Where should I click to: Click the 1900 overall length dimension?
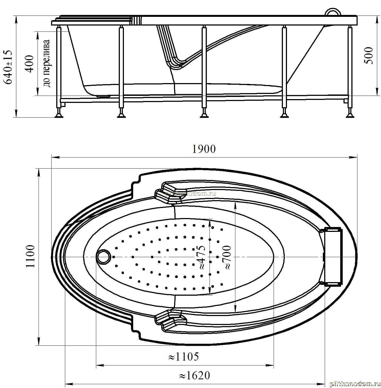(x=204, y=149)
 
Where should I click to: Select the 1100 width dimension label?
(x=30, y=256)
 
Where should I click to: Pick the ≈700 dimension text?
(x=227, y=257)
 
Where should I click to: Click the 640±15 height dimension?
(x=8, y=67)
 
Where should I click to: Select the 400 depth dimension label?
(x=29, y=64)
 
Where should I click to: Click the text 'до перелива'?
(x=46, y=63)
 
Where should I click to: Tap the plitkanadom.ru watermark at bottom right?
(x=355, y=384)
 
